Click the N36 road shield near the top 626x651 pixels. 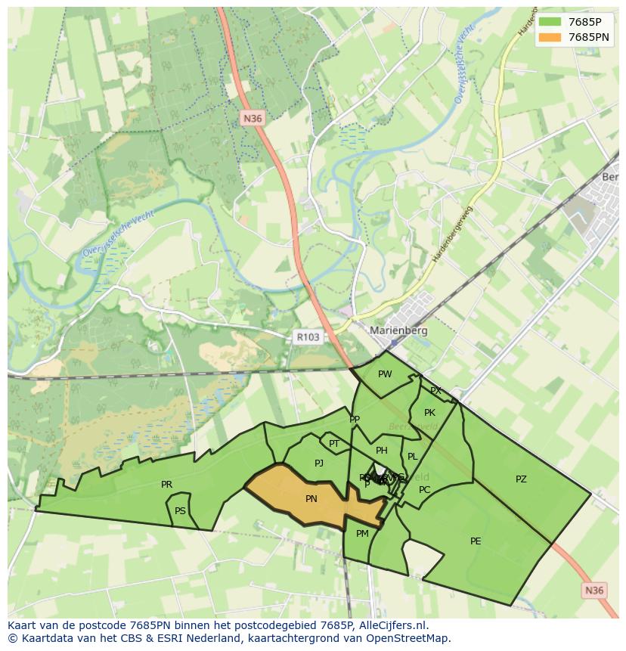(x=253, y=118)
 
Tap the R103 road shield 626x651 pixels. (x=308, y=337)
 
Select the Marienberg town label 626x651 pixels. (x=398, y=330)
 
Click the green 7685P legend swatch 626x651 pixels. (x=550, y=22)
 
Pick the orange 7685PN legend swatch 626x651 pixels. (x=550, y=37)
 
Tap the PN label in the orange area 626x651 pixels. (x=311, y=499)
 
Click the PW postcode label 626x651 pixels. (x=385, y=374)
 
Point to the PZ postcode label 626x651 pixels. (x=521, y=479)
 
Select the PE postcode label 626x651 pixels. (x=476, y=541)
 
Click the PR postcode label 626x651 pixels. (x=166, y=485)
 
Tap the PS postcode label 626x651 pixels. (x=180, y=511)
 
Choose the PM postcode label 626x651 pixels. (x=362, y=534)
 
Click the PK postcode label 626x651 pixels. (x=429, y=413)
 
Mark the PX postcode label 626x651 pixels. (x=435, y=391)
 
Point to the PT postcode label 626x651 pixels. (x=334, y=444)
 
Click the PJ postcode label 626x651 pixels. (x=319, y=463)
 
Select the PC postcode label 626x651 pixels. (x=425, y=489)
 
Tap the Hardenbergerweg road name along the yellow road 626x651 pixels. (x=452, y=234)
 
